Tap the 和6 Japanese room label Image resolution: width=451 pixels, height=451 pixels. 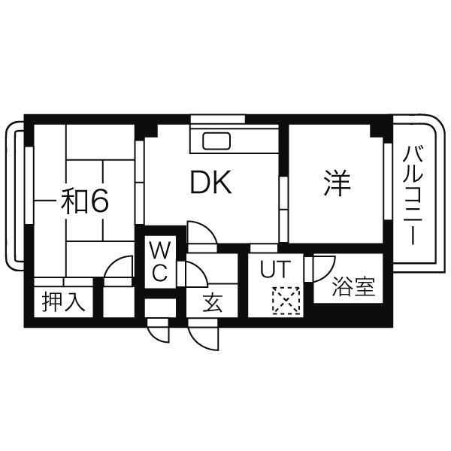pos(85,201)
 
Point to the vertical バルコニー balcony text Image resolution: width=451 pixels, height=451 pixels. pos(411,194)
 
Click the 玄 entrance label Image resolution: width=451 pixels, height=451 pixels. pos(213,304)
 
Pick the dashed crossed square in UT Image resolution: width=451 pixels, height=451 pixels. pos(286,301)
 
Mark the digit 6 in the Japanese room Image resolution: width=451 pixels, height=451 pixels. pos(101,201)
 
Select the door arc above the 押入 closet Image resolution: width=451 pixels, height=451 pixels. pos(118,268)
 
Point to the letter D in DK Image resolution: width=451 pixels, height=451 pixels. pos(198,183)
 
